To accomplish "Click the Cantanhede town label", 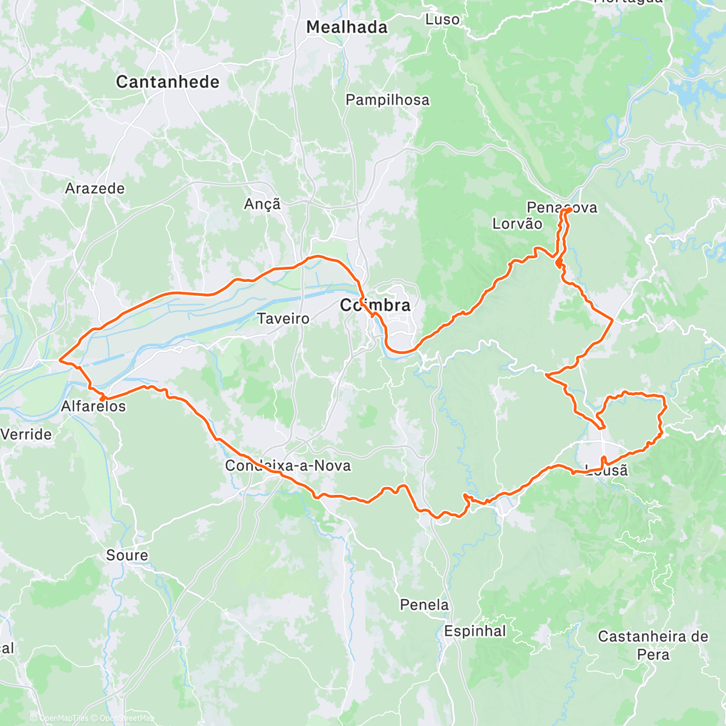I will (168, 82).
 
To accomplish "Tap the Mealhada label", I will (347, 27).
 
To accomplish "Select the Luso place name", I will (442, 19).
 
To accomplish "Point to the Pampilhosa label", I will (387, 100).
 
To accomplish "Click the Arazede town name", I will (95, 189).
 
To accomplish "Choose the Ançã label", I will (263, 204).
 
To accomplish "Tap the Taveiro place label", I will (283, 318).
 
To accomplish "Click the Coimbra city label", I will (375, 306).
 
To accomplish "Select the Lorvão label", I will (517, 224).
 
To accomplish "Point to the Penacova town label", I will (562, 208).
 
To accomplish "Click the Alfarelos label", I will (94, 407).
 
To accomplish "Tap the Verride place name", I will (26, 434).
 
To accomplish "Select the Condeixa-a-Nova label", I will (288, 466).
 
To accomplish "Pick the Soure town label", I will (127, 555).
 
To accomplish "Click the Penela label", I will (425, 605).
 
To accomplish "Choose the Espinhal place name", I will (475, 632).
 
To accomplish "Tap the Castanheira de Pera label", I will (653, 646).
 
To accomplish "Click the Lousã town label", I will (607, 469).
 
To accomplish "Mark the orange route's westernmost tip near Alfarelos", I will (59, 361).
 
